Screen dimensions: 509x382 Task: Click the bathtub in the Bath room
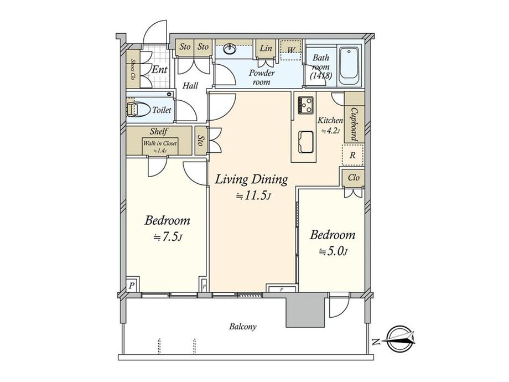click(x=349, y=66)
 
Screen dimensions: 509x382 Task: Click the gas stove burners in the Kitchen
click(x=305, y=105)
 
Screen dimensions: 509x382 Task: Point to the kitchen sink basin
click(x=305, y=142)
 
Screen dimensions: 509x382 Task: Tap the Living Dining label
click(x=251, y=179)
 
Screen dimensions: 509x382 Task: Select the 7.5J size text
click(x=168, y=238)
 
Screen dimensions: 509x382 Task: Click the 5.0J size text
click(x=334, y=252)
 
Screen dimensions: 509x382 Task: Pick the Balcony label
click(x=243, y=327)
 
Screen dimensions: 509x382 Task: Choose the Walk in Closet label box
click(x=160, y=147)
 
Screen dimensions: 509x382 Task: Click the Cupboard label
click(x=354, y=124)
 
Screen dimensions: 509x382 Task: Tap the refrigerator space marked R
click(x=352, y=155)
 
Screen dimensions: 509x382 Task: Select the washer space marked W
click(x=291, y=50)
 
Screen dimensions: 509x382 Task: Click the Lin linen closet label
click(x=266, y=48)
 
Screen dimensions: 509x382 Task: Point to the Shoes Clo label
click(x=133, y=70)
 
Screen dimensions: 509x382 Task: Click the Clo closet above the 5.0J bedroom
click(x=354, y=178)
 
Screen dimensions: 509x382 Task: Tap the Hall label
click(x=190, y=86)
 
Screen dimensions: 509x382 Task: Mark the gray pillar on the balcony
click(x=305, y=310)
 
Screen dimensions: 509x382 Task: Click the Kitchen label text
click(x=330, y=121)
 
